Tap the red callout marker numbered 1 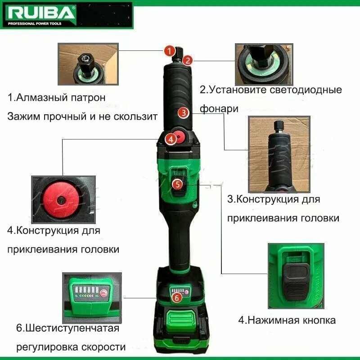(169, 50)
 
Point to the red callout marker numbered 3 (182, 112)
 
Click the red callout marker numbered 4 (170, 139)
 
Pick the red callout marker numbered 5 (178, 184)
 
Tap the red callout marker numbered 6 (177, 297)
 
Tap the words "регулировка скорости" (71, 347)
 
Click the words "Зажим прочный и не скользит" (82, 117)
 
